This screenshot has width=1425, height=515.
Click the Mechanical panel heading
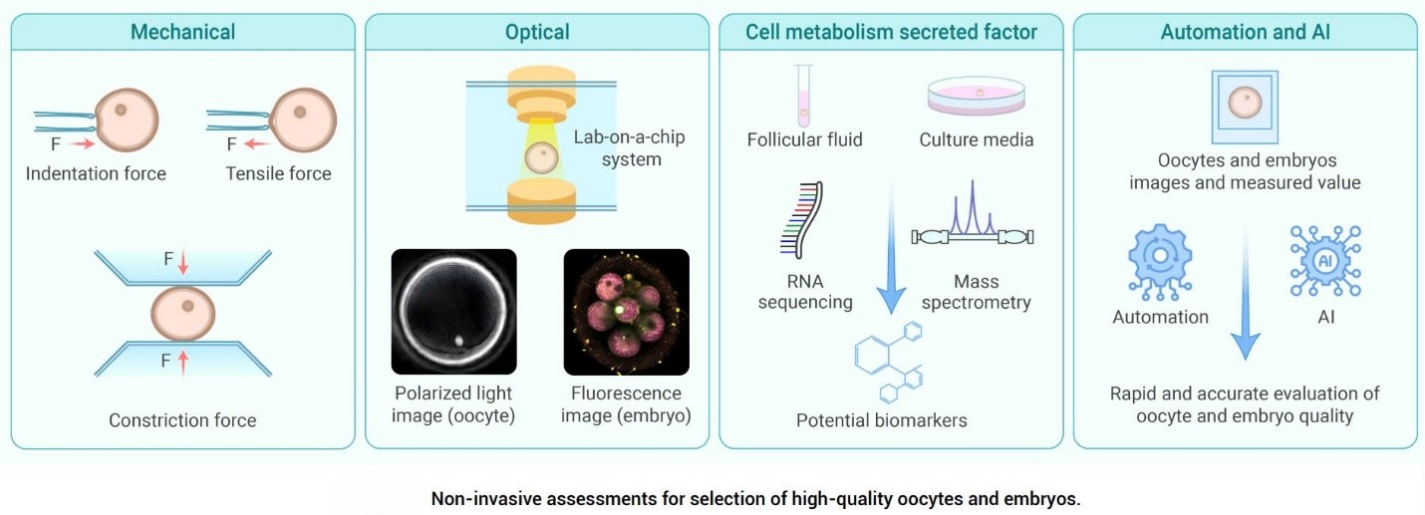182,32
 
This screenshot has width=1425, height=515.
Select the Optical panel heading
537,32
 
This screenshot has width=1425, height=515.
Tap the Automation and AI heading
1245,32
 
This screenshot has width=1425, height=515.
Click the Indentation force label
96,173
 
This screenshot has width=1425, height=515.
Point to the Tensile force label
279,173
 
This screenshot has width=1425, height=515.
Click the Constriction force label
182,420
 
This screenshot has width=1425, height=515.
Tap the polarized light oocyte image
453,312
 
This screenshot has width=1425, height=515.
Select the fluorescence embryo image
627,312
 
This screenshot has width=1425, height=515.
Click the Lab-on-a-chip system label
629,148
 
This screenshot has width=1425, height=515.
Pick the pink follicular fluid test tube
804,96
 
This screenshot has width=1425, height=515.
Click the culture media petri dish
977,97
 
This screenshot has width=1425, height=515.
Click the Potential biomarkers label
882,420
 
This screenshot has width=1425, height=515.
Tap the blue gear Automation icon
1160,261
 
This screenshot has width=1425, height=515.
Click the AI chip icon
1325,261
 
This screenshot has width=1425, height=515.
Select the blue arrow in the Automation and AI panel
1246,289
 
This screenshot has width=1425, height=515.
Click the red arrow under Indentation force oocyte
82,144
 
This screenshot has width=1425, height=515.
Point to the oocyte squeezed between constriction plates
183,314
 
